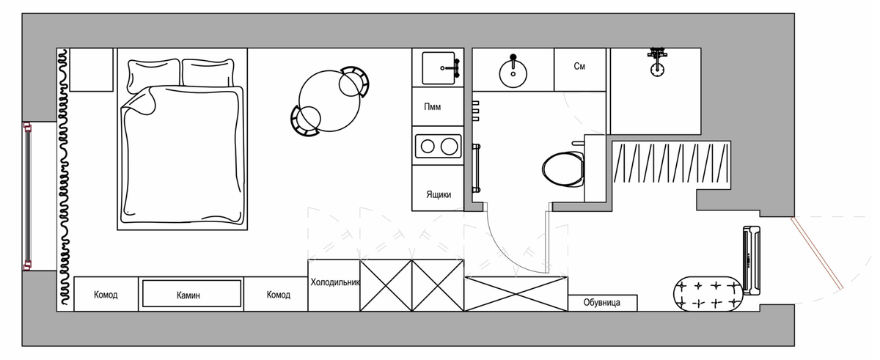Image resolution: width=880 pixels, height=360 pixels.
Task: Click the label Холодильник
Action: point(335,282)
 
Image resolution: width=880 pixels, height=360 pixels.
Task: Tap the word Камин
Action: point(188,295)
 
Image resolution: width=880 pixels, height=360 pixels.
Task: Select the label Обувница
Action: point(602,302)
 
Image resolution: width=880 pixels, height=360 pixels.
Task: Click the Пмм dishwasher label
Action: point(433,107)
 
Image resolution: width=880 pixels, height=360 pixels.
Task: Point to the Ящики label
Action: point(439,194)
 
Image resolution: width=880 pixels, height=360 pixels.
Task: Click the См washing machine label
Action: point(579,66)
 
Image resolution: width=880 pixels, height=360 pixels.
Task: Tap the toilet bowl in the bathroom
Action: point(563,169)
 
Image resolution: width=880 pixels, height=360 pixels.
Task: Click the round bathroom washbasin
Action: point(513,73)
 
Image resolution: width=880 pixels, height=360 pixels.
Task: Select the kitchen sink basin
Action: point(439,68)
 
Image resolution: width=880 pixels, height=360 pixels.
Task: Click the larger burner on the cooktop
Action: point(449,147)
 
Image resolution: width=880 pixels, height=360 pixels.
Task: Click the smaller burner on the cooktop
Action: point(428,147)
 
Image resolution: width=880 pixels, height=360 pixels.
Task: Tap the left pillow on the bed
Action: point(153,75)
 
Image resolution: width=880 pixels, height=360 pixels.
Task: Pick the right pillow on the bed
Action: point(208,73)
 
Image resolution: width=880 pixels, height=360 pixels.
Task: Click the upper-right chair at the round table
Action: point(354,81)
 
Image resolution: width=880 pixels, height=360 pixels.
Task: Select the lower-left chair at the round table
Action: point(305,121)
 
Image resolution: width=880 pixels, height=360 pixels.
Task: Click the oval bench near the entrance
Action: point(708,294)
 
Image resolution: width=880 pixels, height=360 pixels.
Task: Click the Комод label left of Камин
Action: point(106,295)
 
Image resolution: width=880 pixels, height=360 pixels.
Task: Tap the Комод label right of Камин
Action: point(278,295)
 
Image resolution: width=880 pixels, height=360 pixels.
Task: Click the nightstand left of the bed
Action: point(91,70)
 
